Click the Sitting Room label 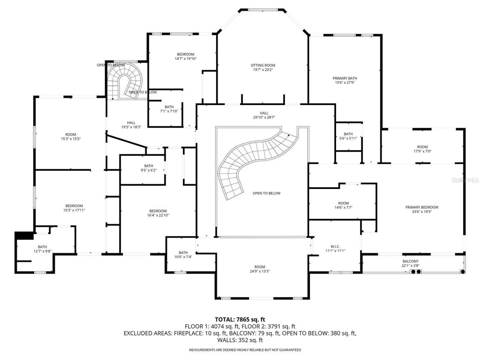(x=263, y=65)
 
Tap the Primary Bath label (x=343, y=78)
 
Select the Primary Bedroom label (x=421, y=207)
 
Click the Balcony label (x=411, y=261)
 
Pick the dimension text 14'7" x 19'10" (x=186, y=58)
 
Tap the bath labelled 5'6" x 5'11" (x=348, y=136)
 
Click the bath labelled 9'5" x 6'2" (x=149, y=168)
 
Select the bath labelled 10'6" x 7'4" (x=183, y=255)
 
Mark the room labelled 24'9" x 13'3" (x=259, y=269)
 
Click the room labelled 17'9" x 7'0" (x=422, y=149)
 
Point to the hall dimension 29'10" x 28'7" (x=264, y=117)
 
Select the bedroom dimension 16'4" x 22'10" (x=157, y=215)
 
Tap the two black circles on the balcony (x=415, y=271)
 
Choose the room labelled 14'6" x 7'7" (x=343, y=205)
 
